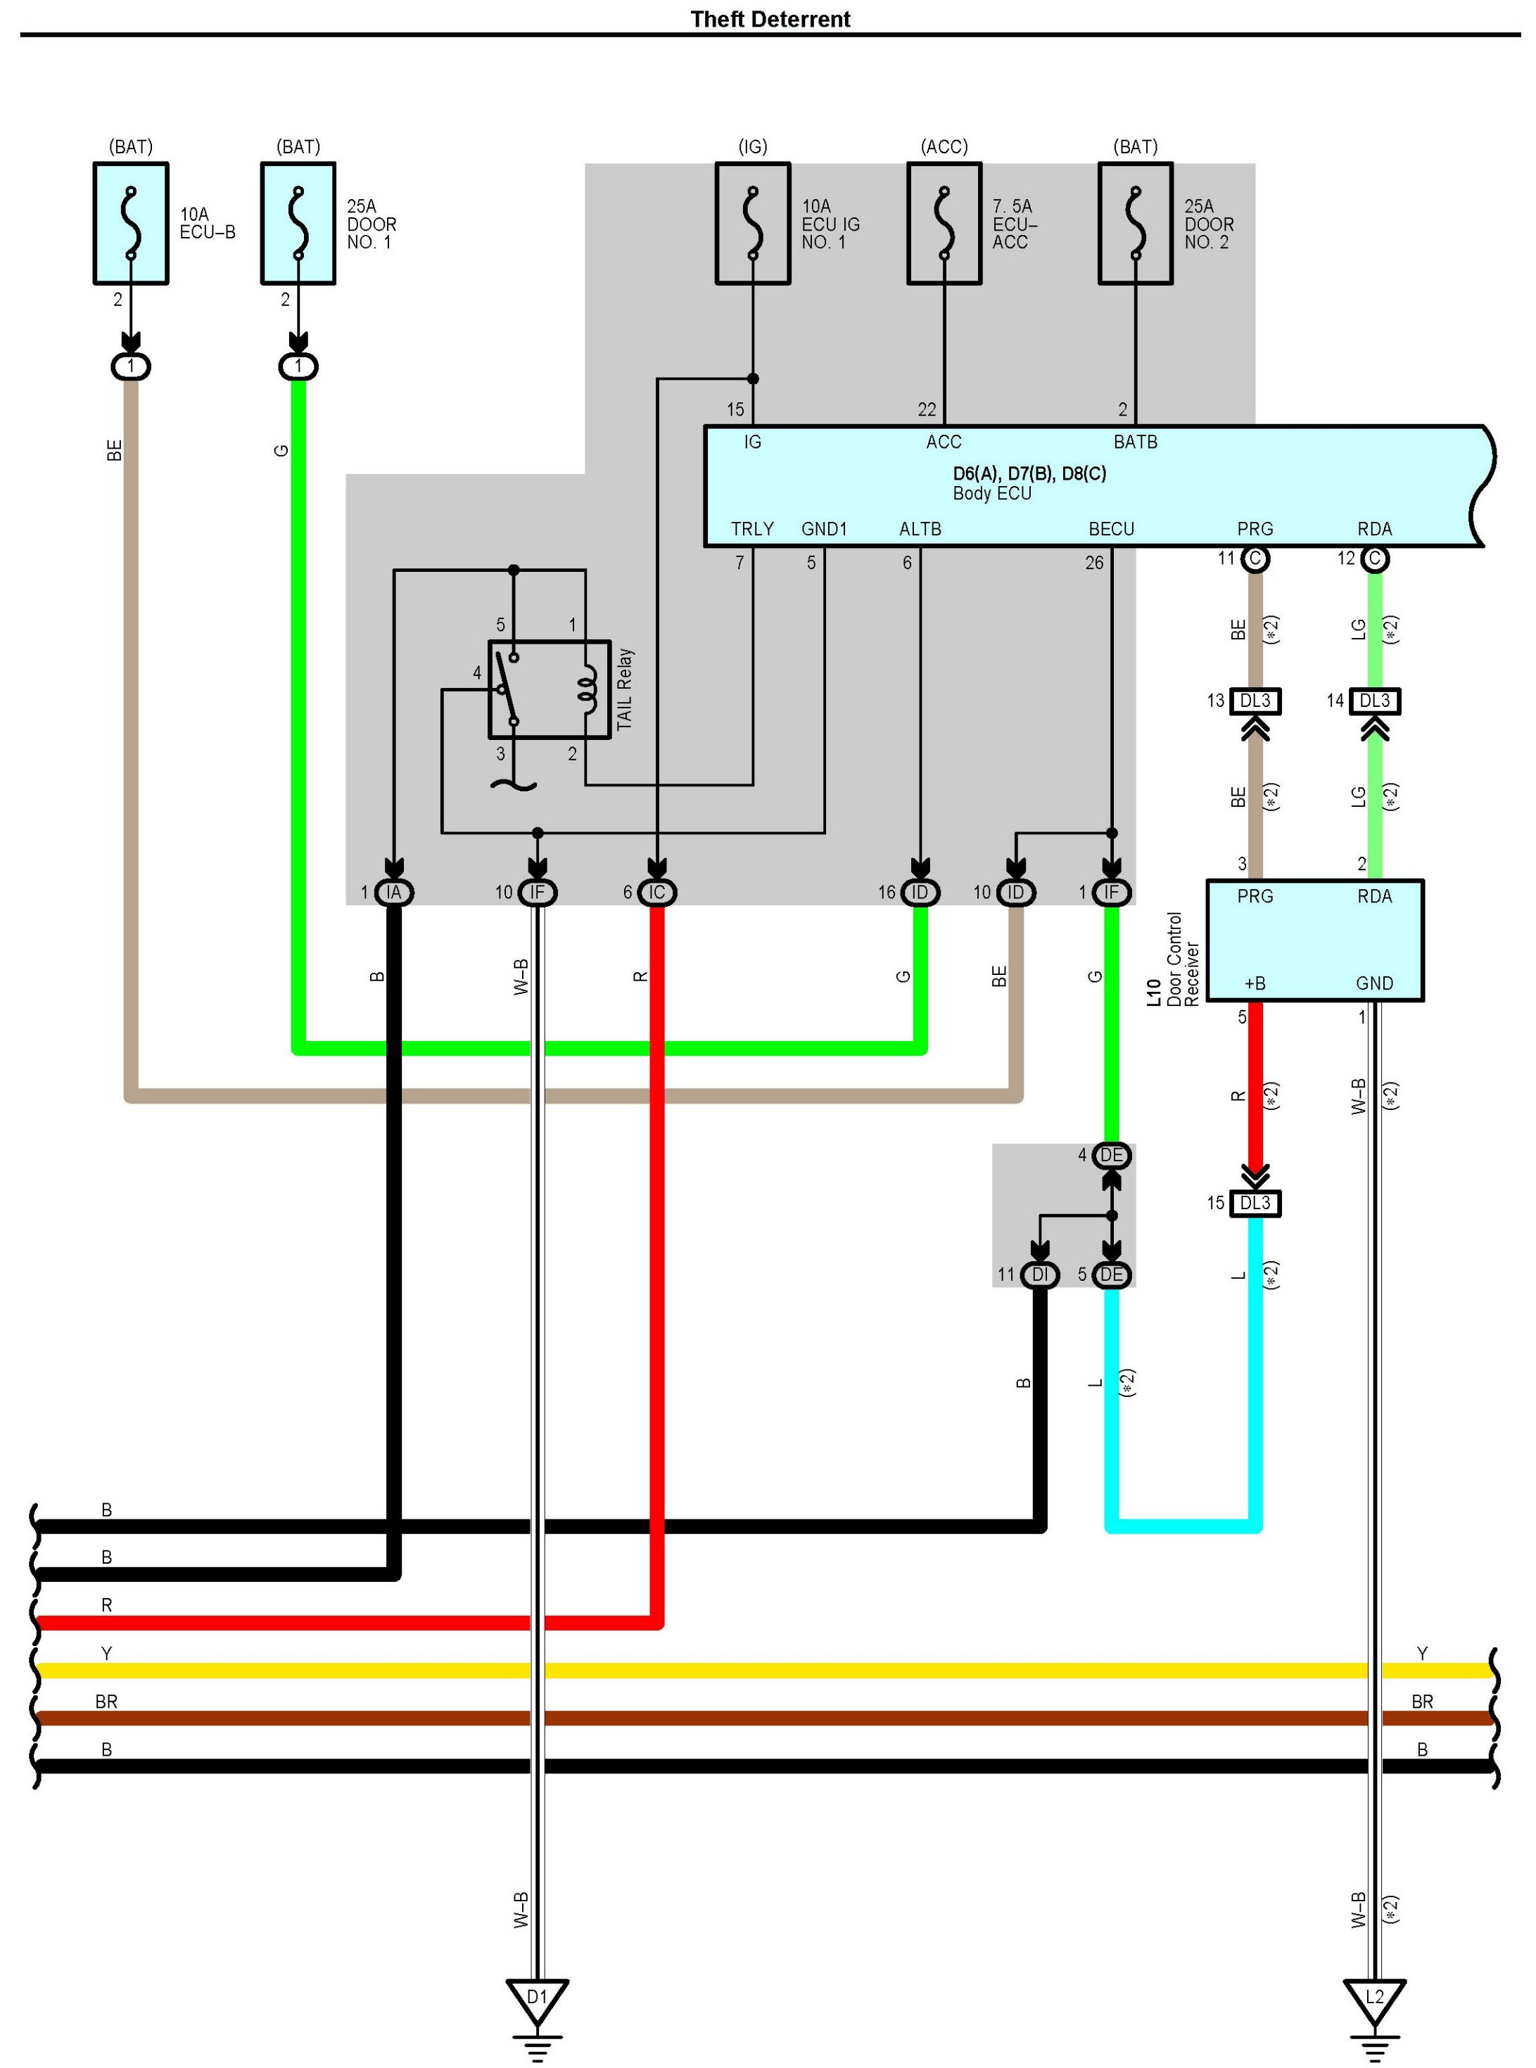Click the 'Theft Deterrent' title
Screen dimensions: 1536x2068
[770, 18]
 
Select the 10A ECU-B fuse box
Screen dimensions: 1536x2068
[131, 224]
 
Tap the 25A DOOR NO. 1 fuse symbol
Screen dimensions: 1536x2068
[298, 224]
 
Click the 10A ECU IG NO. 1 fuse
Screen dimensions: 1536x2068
[753, 224]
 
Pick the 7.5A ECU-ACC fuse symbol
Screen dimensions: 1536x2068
[945, 224]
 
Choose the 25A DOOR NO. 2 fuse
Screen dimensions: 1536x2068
[1136, 224]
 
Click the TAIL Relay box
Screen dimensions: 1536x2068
[550, 689]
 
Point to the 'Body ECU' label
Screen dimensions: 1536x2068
[992, 494]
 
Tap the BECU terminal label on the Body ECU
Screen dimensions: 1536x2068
[1112, 529]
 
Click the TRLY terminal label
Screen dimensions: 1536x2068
[752, 529]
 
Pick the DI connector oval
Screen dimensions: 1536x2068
[1041, 1275]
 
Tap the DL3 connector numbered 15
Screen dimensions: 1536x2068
[1255, 1204]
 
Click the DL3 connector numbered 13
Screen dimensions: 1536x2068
[1255, 701]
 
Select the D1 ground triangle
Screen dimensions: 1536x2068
[538, 1998]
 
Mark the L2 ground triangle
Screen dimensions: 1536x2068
[1375, 1998]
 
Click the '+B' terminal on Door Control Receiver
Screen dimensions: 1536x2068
[1255, 983]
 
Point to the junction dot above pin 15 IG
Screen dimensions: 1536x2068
[753, 378]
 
